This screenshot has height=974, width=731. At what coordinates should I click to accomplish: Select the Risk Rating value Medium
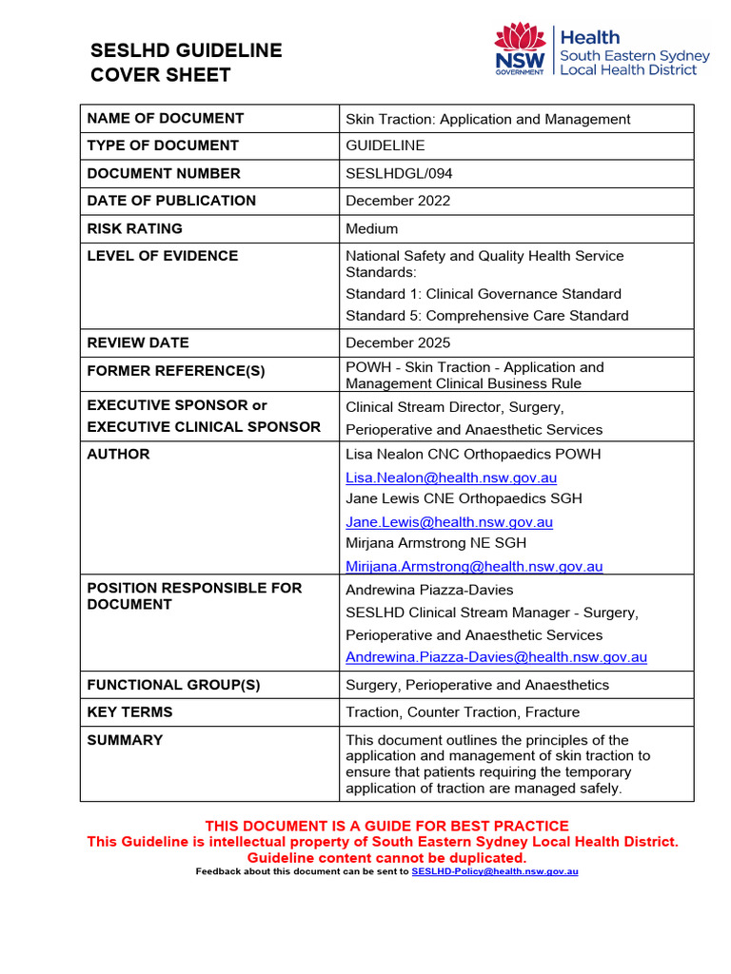click(372, 228)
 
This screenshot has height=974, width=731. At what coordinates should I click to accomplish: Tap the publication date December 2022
click(398, 201)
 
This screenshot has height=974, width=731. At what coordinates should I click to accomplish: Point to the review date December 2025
click(398, 342)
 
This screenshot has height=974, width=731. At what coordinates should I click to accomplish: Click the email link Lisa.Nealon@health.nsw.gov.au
click(451, 477)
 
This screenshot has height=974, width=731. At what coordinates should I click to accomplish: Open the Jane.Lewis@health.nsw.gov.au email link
click(449, 522)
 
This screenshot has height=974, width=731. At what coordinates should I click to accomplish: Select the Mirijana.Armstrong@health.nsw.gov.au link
click(474, 567)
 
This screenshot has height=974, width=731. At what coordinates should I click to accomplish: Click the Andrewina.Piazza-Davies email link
click(496, 657)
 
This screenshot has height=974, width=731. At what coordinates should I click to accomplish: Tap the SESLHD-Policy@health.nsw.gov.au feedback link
click(494, 871)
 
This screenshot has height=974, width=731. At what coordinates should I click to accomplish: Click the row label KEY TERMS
click(129, 712)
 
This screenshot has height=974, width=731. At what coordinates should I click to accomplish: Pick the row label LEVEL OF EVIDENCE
click(163, 256)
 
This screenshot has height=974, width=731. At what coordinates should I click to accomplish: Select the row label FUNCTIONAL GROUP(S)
click(173, 685)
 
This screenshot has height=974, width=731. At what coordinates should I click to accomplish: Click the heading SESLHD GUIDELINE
click(186, 50)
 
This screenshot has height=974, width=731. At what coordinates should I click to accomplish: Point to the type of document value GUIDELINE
click(385, 146)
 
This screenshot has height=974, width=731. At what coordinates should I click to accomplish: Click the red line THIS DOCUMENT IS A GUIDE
click(386, 826)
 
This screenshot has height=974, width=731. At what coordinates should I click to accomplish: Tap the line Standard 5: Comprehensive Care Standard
click(486, 316)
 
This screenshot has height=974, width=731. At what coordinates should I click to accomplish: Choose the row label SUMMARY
click(125, 740)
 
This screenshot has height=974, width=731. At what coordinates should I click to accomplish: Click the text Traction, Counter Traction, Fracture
click(463, 712)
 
